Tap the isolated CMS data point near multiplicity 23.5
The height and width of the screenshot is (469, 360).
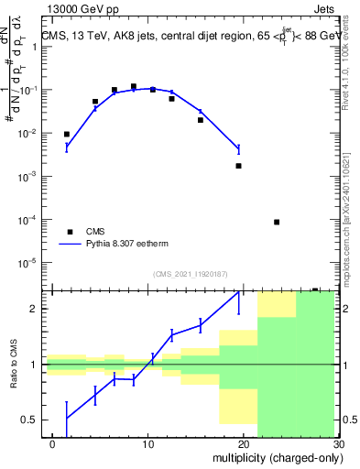point(277,222)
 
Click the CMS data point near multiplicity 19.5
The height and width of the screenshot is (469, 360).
point(238,166)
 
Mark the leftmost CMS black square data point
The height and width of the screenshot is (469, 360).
point(66,135)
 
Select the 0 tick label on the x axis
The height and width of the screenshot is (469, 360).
point(52,445)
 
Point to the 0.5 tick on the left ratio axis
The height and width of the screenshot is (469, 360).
point(27,420)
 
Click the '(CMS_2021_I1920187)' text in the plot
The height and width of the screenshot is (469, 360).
point(190,274)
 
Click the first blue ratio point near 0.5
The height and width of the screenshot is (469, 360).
point(66,419)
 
